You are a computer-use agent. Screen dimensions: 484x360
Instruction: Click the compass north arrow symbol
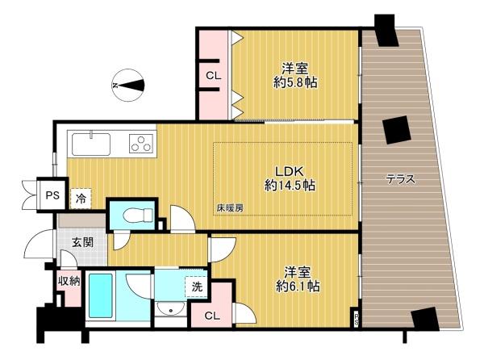tap(128, 85)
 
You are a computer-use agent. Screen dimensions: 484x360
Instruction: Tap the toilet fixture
tap(138, 215)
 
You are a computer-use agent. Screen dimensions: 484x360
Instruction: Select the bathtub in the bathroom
tap(101, 295)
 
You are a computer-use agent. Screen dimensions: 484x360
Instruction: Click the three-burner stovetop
tap(142, 143)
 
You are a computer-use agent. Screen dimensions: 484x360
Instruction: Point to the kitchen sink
tap(91, 144)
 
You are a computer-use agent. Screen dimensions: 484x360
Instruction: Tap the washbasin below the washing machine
tap(170, 309)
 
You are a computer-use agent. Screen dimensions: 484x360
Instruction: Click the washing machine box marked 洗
tap(196, 287)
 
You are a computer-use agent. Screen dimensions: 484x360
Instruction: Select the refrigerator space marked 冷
tap(81, 199)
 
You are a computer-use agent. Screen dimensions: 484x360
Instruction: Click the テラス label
tap(400, 179)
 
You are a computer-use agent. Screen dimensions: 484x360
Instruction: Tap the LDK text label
tap(290, 171)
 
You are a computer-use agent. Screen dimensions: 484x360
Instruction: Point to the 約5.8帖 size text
tap(295, 82)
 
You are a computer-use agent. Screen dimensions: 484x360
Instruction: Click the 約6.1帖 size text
tap(298, 287)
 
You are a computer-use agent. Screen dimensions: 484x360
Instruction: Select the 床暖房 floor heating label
tap(230, 208)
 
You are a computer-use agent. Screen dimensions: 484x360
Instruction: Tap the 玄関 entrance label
tap(82, 242)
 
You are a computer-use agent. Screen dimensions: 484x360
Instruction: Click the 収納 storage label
tap(69, 281)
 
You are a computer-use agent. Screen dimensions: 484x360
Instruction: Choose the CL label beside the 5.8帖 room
tap(214, 76)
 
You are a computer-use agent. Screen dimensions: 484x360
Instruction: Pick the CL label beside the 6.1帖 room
tap(212, 316)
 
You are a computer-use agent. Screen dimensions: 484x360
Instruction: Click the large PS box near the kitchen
tap(52, 195)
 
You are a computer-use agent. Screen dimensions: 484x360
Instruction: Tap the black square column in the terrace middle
tap(397, 130)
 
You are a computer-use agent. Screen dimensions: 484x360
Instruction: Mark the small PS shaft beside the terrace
tap(357, 318)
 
